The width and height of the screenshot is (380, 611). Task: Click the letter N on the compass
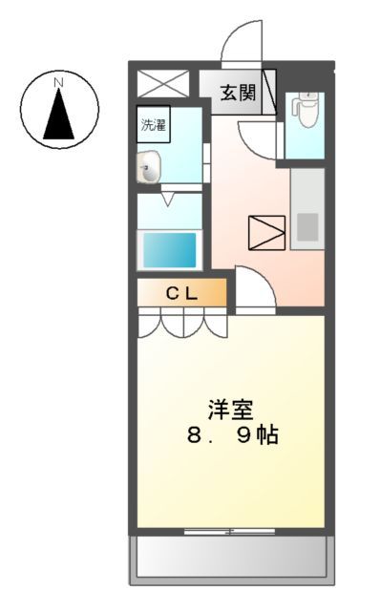57,83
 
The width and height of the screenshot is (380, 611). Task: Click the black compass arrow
57,116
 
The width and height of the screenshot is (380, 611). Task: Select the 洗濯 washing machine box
154,123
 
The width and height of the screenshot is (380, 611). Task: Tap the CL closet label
182,294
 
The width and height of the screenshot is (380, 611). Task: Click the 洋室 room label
231,410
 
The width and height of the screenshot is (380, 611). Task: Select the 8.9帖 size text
231,437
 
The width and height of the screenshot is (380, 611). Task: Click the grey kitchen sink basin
307,227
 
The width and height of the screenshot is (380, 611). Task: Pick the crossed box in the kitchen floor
266,233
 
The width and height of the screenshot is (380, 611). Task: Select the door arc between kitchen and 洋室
254,289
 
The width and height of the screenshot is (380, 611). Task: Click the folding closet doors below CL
182,325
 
